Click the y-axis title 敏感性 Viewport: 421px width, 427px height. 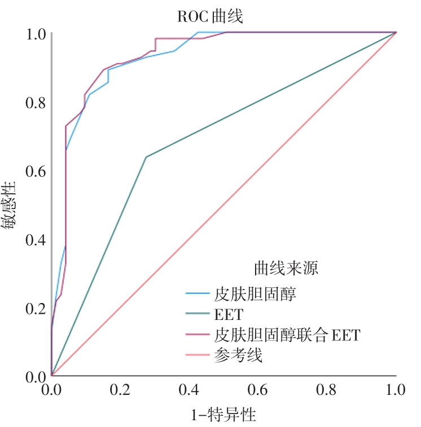12,206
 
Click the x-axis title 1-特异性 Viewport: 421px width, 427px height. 223,416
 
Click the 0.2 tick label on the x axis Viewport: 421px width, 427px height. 120,390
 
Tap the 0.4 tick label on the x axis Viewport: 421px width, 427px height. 189,390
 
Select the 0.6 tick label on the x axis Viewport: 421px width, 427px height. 258,390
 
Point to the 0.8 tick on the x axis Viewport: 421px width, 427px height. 327,390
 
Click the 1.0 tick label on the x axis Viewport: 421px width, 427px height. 395,390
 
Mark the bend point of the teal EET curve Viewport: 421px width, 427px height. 146,157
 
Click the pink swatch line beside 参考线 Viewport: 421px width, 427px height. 198,356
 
